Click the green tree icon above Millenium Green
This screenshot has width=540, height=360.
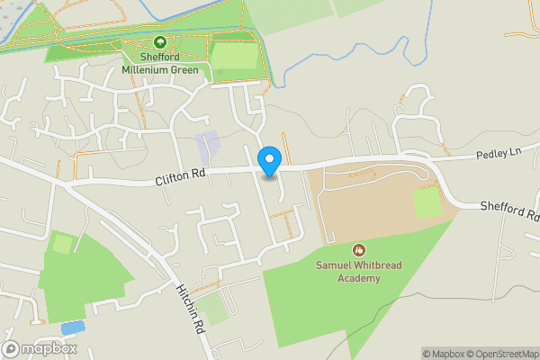(x=160, y=41)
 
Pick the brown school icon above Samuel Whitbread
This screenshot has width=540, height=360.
(x=358, y=249)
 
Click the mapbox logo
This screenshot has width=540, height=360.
(x=40, y=348)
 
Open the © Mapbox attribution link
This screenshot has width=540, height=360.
(x=439, y=353)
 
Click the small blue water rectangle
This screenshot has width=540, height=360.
(x=73, y=328)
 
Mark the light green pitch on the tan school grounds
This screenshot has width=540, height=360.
(x=427, y=204)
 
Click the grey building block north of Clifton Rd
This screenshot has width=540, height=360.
(x=208, y=145)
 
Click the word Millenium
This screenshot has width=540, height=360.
(x=148, y=68)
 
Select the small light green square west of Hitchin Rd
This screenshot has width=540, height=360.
(x=62, y=243)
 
